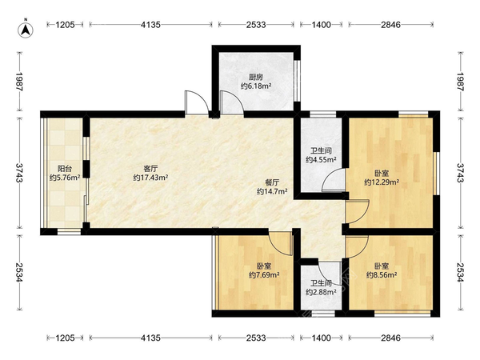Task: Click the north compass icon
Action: pyautogui.click(x=26, y=30)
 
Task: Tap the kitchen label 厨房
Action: pyautogui.click(x=256, y=77)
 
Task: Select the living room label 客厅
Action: pyautogui.click(x=150, y=169)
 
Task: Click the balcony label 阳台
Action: pyautogui.click(x=65, y=169)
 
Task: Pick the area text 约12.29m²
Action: pyautogui.click(x=382, y=182)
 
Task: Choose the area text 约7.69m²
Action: pyautogui.click(x=264, y=275)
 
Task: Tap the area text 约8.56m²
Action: pyautogui.click(x=382, y=275)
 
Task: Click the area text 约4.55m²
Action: pyautogui.click(x=321, y=159)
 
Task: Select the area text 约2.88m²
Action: pyautogui.click(x=321, y=292)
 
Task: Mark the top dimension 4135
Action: pyautogui.click(x=150, y=25)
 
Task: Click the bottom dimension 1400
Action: pyautogui.click(x=321, y=338)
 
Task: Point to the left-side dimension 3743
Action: pyautogui.click(x=19, y=173)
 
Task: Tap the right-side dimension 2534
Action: pyautogui.click(x=461, y=273)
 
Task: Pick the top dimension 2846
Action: pyautogui.click(x=390, y=25)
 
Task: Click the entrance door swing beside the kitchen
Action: pyautogui.click(x=197, y=103)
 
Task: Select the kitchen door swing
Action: pyautogui.click(x=231, y=102)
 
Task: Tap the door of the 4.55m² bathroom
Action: pyautogui.click(x=333, y=180)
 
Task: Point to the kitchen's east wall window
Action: pyautogui.click(x=297, y=80)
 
